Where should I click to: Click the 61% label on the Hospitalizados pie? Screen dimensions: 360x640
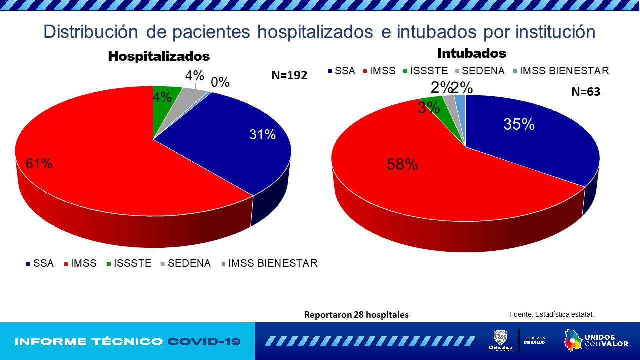click(39, 163)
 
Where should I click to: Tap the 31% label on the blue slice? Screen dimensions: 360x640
click(262, 134)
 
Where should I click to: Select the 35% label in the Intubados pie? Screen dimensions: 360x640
click(519, 124)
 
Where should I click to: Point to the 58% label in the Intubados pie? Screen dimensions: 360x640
click(402, 164)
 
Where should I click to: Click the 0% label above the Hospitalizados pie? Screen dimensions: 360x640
click(220, 82)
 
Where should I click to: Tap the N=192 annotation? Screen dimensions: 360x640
click(289, 75)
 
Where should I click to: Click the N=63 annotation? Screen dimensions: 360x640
click(586, 92)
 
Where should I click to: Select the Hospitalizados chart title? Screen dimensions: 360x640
click(159, 56)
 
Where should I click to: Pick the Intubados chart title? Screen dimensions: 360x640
click(471, 53)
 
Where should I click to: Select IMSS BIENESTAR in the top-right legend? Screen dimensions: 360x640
click(564, 71)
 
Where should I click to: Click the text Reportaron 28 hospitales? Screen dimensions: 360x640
click(356, 315)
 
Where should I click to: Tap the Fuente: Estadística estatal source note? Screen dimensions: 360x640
click(551, 314)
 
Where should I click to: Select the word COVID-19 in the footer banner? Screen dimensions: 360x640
click(204, 342)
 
